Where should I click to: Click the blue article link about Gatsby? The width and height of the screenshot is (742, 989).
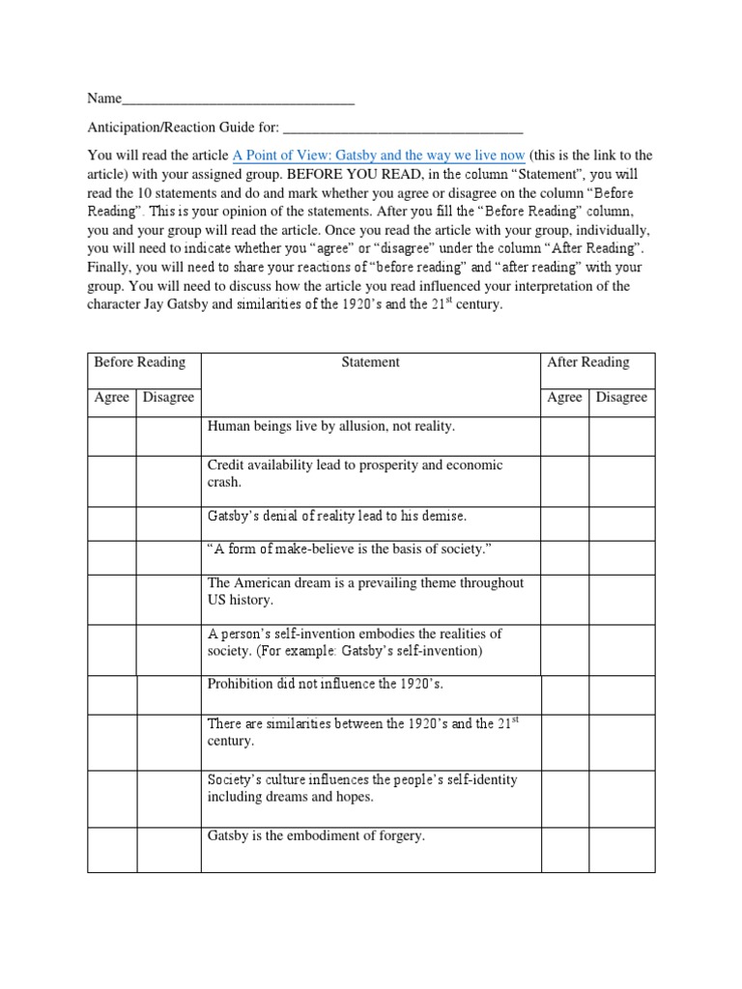pos(379,155)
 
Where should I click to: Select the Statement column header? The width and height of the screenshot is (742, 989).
pos(370,362)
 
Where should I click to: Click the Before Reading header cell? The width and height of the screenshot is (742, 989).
pos(139,362)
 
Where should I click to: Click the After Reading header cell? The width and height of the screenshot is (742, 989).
pos(587,362)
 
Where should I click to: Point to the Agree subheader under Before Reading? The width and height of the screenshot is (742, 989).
pos(111,397)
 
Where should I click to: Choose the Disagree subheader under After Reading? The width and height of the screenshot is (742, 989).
pos(621,397)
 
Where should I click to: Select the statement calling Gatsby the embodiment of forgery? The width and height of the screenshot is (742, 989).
pos(316,835)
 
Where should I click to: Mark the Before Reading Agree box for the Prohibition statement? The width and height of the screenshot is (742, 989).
pos(111,694)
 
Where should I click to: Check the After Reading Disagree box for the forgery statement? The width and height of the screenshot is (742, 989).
pos(621,848)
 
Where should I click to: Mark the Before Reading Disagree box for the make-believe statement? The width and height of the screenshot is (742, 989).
pos(168,557)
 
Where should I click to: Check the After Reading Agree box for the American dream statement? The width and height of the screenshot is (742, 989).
pos(564,600)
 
